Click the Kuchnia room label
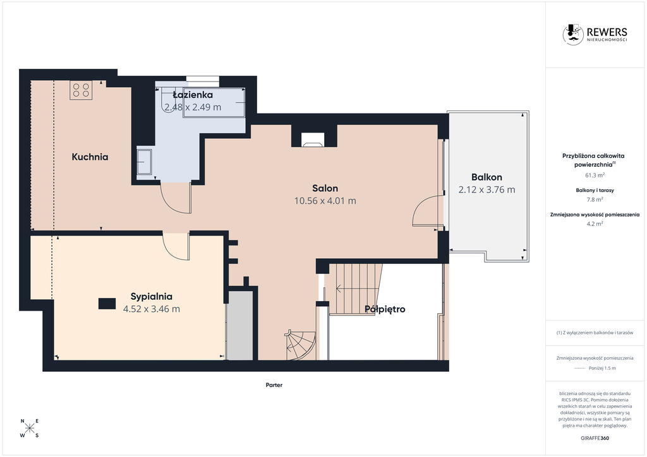pyautogui.click(x=90, y=157)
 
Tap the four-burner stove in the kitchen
pyautogui.click(x=81, y=90)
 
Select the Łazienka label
pyautogui.click(x=193, y=95)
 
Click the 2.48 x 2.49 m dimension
pyautogui.click(x=193, y=107)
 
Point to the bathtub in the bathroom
pyautogui.click(x=214, y=103)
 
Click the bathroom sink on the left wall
pyautogui.click(x=145, y=162)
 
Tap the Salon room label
pyautogui.click(x=325, y=188)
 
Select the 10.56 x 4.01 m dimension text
pyautogui.click(x=325, y=201)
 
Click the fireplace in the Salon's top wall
pyautogui.click(x=313, y=139)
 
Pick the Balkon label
pyautogui.click(x=487, y=177)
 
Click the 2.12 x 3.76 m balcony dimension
pyautogui.click(x=487, y=189)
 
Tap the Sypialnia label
pyautogui.click(x=152, y=296)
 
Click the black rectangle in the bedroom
pyautogui.click(x=107, y=304)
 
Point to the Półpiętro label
pyautogui.click(x=385, y=309)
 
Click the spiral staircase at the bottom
pyautogui.click(x=301, y=345)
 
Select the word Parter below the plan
pyautogui.click(x=274, y=385)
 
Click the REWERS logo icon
pyautogui.click(x=572, y=34)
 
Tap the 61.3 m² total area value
pyautogui.click(x=595, y=175)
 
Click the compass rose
pyautogui.click(x=30, y=428)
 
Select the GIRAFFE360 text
pyautogui.click(x=595, y=438)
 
